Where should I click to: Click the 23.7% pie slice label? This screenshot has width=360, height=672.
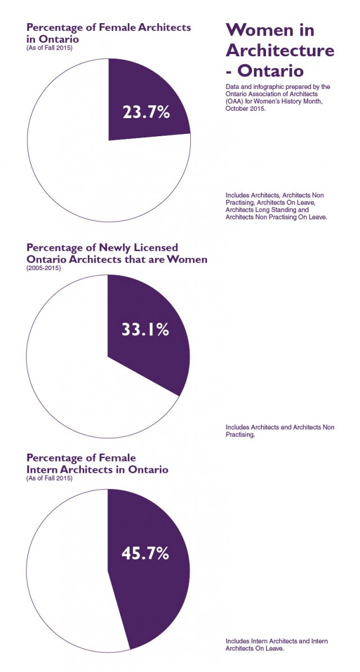[146, 112]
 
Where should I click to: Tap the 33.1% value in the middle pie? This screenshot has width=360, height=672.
[145, 329]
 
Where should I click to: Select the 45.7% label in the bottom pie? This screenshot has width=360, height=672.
[145, 553]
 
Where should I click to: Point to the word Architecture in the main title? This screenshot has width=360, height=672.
[280, 51]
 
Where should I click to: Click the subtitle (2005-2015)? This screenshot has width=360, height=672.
[44, 268]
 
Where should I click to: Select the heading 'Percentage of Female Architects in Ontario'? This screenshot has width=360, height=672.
[109, 33]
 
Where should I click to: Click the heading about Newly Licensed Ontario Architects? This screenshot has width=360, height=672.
[116, 253]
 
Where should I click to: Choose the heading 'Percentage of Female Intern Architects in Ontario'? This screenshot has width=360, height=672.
[97, 464]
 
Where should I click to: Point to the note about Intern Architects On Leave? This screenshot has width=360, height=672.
[276, 644]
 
